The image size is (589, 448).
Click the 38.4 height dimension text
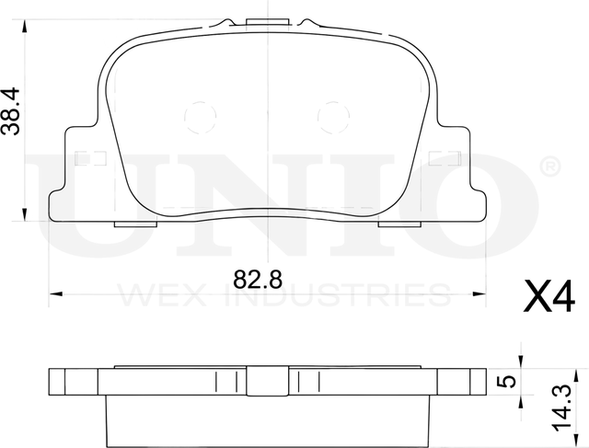(12, 111)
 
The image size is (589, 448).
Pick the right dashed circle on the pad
(330, 116)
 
